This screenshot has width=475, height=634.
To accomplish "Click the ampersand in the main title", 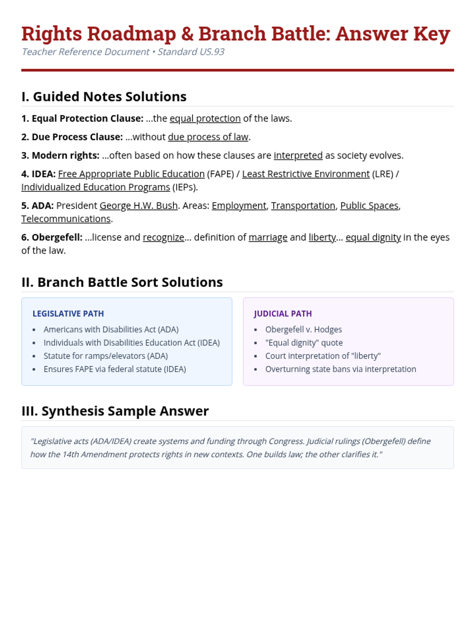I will tap(187, 34).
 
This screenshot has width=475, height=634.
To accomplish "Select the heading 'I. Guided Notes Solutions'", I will tap(104, 97).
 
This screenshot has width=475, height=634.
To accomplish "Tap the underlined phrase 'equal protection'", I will tap(205, 118).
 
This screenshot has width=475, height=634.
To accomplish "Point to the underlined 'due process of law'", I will tap(208, 137).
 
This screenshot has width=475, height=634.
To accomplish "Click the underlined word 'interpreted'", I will tap(298, 155).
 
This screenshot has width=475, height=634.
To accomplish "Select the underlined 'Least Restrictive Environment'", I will tap(306, 174).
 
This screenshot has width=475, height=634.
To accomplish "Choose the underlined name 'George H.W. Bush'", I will tap(139, 206).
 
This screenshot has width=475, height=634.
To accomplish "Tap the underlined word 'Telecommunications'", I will tap(66, 219).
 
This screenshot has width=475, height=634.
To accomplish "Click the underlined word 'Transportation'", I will tap(303, 206).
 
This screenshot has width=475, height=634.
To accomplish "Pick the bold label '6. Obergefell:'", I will tap(52, 237).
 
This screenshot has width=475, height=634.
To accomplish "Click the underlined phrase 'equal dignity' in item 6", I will tap(373, 237).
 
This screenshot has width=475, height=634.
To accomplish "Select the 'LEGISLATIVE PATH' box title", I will tap(68, 314).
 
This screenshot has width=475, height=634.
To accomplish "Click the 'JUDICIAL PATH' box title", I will tap(283, 314).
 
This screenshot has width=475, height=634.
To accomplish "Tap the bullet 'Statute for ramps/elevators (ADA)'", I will tap(106, 356).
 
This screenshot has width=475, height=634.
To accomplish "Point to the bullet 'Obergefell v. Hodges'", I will tap(303, 330).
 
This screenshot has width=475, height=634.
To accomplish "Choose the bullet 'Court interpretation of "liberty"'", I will tap(323, 356).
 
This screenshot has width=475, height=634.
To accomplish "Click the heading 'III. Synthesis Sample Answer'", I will tap(115, 411).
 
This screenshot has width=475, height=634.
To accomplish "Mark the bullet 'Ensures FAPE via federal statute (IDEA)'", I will tap(115, 369).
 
